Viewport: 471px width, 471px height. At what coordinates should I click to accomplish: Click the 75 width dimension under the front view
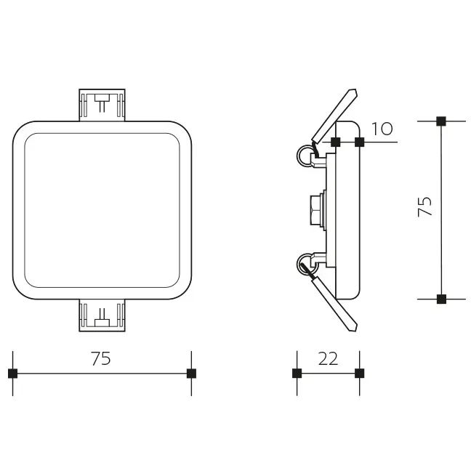[101, 359]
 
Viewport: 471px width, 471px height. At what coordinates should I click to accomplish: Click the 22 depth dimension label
[329, 359]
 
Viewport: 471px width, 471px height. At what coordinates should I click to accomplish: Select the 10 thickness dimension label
[382, 129]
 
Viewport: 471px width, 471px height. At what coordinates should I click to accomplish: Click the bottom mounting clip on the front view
[102, 315]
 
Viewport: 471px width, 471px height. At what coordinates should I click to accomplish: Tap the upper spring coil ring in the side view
[303, 156]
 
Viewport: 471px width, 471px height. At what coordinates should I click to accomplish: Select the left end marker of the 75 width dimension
[12, 374]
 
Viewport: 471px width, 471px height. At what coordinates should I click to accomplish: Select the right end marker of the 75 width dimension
[191, 374]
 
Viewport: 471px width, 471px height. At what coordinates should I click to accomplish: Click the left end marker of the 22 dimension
[297, 374]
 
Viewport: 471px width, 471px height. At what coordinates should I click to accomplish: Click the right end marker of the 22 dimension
[359, 374]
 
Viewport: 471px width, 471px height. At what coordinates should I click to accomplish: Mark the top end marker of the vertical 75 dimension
[440, 121]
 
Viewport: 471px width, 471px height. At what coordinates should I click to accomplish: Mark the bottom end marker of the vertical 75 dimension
[440, 299]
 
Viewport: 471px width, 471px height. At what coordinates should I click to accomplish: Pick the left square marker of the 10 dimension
[335, 142]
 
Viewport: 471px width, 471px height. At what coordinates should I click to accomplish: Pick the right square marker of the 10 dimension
[359, 142]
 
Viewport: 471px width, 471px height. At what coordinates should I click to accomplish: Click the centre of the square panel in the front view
[102, 210]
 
